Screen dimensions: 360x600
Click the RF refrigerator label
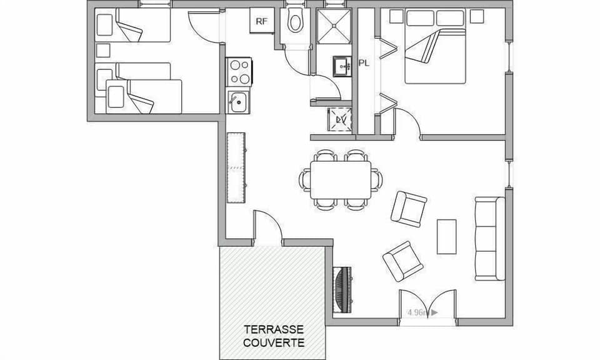point(261,21)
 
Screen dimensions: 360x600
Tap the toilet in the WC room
point(294,22)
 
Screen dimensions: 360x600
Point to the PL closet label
point(364,62)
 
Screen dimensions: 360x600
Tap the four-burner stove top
point(239,71)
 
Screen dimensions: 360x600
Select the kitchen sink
point(238,102)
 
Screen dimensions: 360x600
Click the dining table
point(341,180)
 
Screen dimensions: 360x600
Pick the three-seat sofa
point(489,238)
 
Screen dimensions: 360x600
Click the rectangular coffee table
point(446,236)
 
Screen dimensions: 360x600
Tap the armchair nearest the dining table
point(409,209)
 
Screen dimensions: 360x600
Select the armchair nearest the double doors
point(403,261)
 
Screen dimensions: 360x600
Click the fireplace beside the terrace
point(343,289)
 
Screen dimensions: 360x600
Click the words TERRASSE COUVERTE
point(274,336)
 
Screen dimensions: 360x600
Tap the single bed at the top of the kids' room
point(134,26)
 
